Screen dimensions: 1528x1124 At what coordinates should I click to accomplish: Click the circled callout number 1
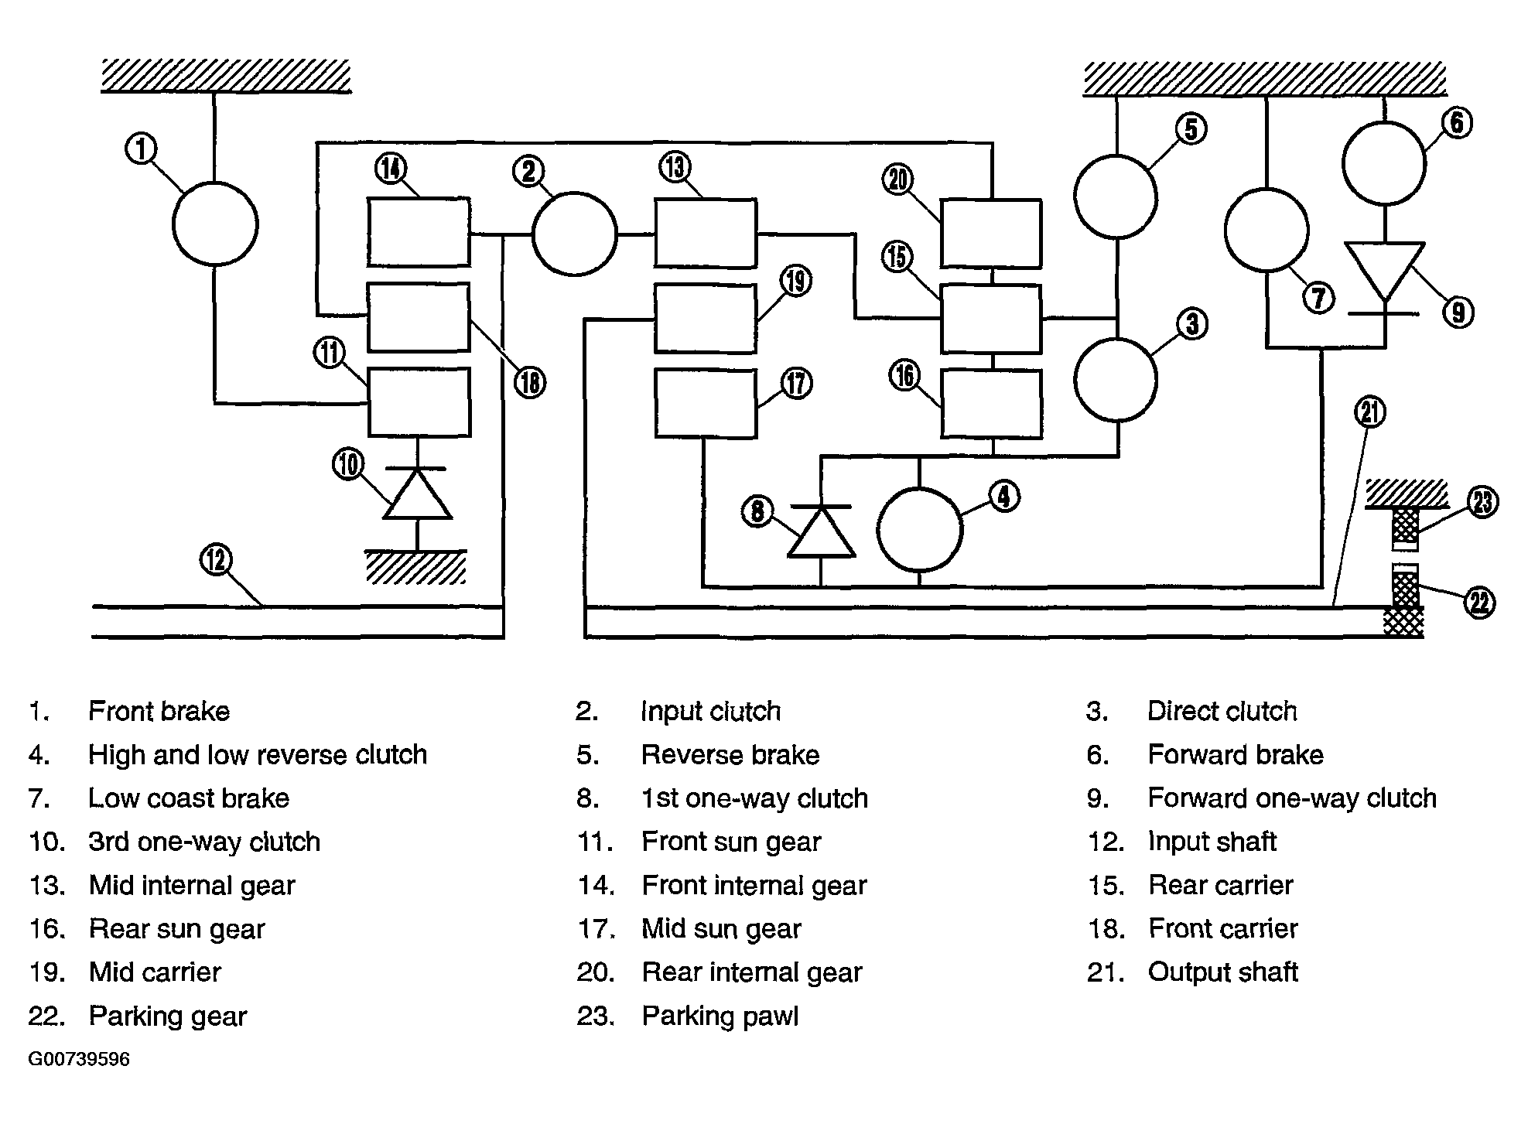(x=142, y=149)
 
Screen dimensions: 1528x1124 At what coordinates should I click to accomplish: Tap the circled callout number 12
(x=216, y=559)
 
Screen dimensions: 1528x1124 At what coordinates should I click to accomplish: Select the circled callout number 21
(x=1369, y=412)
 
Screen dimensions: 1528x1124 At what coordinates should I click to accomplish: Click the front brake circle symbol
(x=214, y=224)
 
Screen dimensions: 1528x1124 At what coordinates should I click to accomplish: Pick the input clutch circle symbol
(x=574, y=233)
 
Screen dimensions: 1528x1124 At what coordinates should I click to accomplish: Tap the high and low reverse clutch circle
(x=920, y=530)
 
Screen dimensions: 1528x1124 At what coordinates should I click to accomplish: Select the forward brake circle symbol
(x=1384, y=163)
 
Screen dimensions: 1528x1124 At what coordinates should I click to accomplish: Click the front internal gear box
(x=419, y=232)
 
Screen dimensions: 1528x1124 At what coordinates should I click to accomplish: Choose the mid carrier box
(x=706, y=318)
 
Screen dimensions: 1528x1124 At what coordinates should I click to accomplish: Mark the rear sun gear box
(x=991, y=404)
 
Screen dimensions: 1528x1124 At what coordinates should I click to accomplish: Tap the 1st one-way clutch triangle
(x=821, y=531)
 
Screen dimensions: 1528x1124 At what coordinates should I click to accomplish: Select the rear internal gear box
(x=991, y=233)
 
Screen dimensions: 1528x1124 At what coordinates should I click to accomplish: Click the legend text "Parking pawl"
(x=720, y=1016)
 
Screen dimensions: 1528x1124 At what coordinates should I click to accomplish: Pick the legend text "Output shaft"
(x=1222, y=972)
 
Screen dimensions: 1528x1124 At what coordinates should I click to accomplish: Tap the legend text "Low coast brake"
(x=189, y=798)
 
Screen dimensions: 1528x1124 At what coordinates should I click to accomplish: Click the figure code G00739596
(x=79, y=1059)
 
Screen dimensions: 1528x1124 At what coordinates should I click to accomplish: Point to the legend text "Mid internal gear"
(x=192, y=886)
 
